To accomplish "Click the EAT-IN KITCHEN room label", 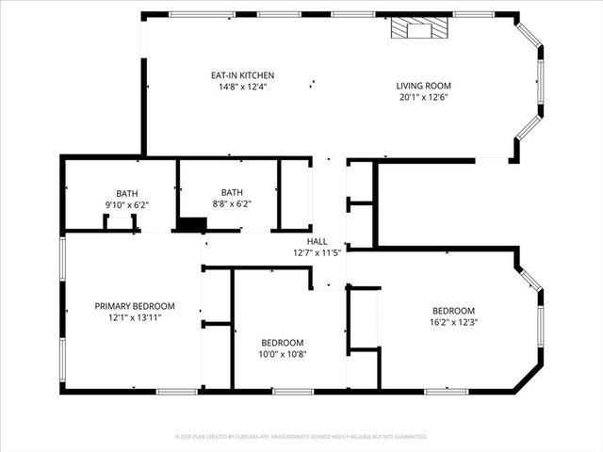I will tap(242, 75).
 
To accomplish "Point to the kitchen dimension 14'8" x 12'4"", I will tap(242, 87).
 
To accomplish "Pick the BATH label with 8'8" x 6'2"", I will tap(232, 193).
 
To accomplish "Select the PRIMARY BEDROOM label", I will tap(135, 306).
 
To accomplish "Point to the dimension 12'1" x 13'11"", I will tap(135, 317).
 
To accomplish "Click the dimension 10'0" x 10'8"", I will tap(283, 354).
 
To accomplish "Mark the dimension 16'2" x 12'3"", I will tap(453, 322).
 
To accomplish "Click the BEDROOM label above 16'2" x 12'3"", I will tap(453, 311).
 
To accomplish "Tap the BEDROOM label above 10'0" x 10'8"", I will tap(283, 343).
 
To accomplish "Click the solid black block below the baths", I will tap(192, 224).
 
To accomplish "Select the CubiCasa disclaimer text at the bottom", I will tap(301, 437).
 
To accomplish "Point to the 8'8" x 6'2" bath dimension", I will tap(232, 204).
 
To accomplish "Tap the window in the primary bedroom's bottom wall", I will tap(176, 391).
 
